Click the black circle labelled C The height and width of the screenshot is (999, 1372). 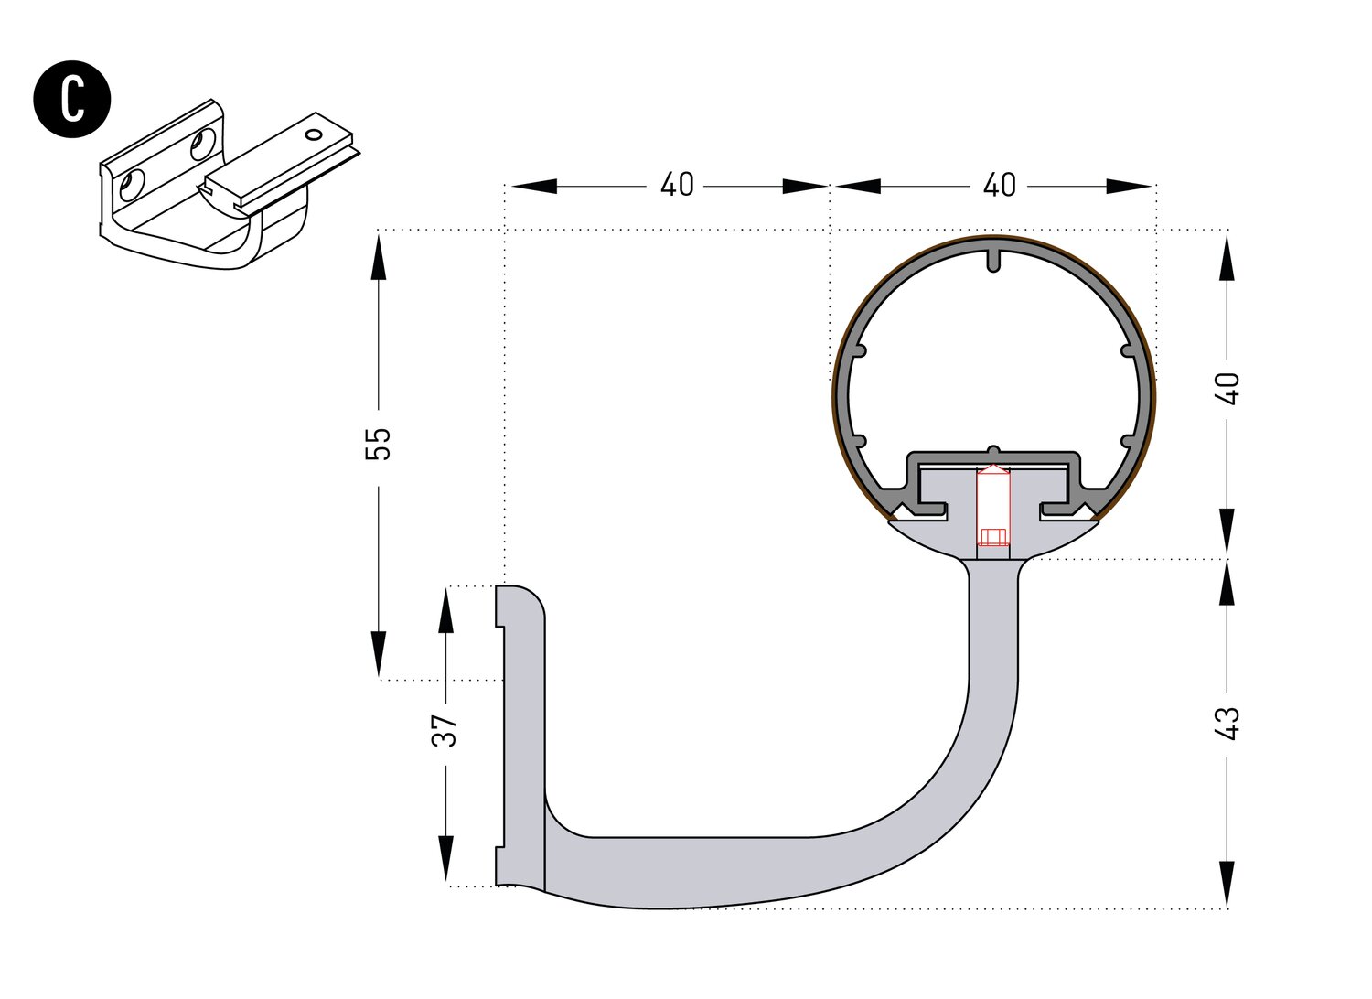pos(72,100)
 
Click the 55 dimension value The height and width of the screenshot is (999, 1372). pos(378,444)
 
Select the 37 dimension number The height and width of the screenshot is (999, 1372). pos(445,730)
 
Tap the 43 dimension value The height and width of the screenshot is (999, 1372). pos(1228,724)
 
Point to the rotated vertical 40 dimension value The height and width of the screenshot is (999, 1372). pos(1228,388)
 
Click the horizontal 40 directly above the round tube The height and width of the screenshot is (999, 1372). pos(999,186)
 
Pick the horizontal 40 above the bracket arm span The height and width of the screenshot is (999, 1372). pos(677,186)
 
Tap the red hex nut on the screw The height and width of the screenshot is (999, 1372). pos(992,536)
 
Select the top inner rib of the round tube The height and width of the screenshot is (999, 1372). pos(993,259)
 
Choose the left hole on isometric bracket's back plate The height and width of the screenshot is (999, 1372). pos(134,185)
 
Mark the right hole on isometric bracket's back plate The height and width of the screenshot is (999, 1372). pos(202,145)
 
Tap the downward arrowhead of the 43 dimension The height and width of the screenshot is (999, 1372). pos(1227,884)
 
